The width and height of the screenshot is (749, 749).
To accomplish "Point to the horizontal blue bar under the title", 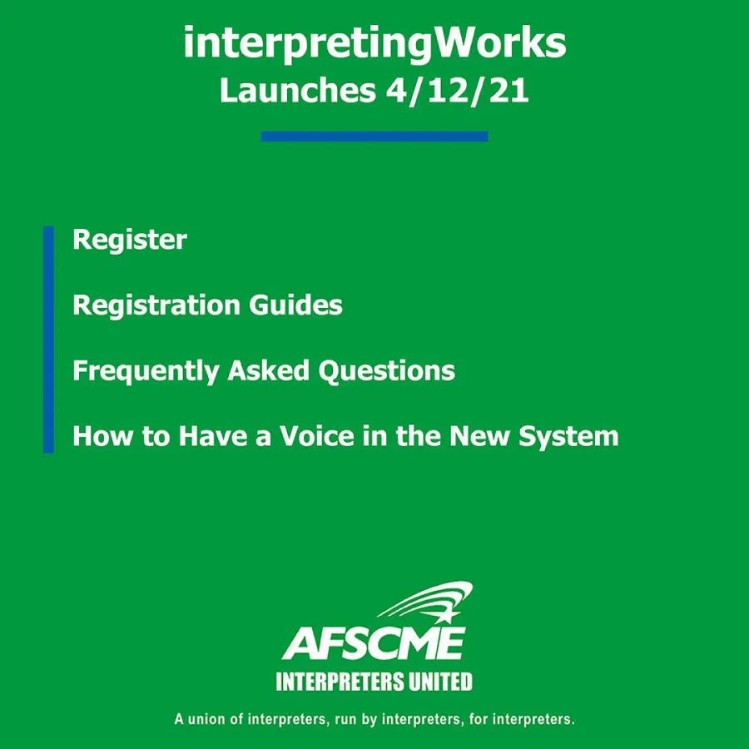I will point(374,136).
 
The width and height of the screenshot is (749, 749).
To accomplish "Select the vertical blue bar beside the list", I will point(48,340).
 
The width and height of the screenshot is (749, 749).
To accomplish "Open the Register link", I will point(130,241).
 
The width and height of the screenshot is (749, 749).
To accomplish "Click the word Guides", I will point(296,305).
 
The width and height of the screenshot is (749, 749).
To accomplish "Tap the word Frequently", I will point(146,371).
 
